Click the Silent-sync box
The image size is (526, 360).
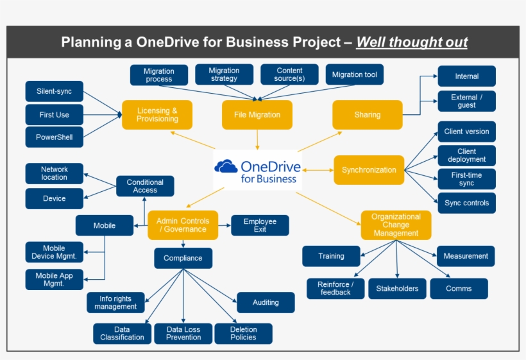(x=54, y=92)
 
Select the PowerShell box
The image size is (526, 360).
(x=54, y=137)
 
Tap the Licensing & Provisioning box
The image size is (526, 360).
(x=157, y=115)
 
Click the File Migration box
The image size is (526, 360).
(x=257, y=115)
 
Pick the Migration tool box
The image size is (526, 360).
(x=354, y=75)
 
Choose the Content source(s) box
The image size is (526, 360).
(x=289, y=75)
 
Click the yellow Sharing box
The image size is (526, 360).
(x=367, y=115)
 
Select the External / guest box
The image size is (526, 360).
(x=466, y=101)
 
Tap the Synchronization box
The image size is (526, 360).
(x=369, y=170)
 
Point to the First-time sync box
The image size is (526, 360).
(x=466, y=179)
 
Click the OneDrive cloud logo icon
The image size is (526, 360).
(x=226, y=167)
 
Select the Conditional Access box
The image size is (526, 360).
(x=145, y=186)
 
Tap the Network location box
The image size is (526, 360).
(x=54, y=173)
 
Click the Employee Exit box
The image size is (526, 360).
(x=260, y=225)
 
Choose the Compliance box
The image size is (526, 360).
(x=183, y=258)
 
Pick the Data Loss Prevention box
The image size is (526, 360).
(x=183, y=334)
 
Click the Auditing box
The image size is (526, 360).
(x=266, y=302)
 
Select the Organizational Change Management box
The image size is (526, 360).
(x=396, y=225)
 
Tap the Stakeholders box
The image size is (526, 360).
(x=397, y=289)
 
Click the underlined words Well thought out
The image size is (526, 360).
(x=412, y=43)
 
